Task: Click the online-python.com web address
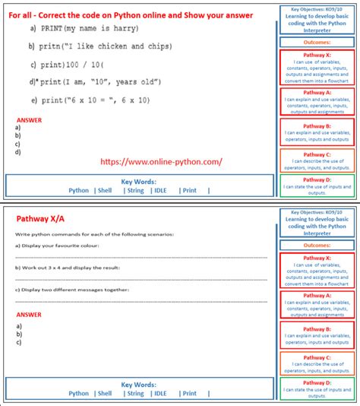[x=161, y=162]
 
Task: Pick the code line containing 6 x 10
[x=102, y=100]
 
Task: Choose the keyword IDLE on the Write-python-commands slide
[x=161, y=393]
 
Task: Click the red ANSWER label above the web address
[x=29, y=120]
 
